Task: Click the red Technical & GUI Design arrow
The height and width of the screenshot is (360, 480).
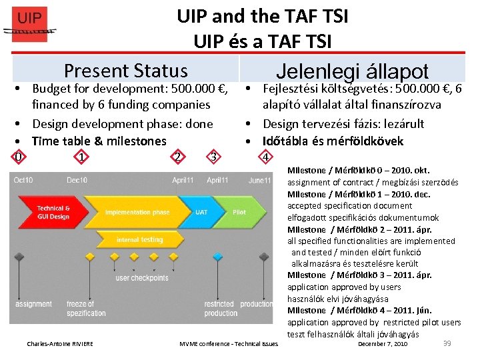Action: [53, 212]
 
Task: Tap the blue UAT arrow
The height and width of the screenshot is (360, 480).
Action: [201, 212]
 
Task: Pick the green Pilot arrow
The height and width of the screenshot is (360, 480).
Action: [240, 212]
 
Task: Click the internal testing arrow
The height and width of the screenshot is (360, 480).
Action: [140, 239]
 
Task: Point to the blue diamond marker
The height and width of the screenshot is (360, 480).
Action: [217, 257]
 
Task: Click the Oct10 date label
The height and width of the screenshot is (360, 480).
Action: [23, 180]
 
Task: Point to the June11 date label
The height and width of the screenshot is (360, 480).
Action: [259, 180]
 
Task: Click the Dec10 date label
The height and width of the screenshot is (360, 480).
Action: [77, 180]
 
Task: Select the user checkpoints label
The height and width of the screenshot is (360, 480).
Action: [142, 278]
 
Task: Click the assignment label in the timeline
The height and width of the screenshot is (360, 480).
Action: [33, 304]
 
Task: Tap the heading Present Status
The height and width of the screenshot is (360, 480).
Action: [125, 71]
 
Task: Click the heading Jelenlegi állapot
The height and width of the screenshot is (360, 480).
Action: [352, 72]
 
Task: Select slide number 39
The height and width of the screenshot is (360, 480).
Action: [447, 343]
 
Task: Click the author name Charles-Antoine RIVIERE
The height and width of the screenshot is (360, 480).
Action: [60, 344]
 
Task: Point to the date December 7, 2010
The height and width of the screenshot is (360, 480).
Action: [383, 344]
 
